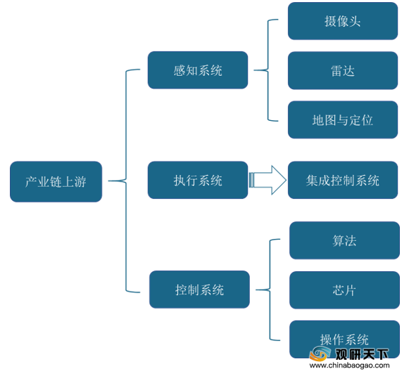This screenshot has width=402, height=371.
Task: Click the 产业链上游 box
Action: tap(56, 181)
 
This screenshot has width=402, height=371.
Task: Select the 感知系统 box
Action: tap(198, 70)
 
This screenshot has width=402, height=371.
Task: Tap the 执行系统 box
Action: tap(198, 180)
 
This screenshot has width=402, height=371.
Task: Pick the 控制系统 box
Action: tap(199, 289)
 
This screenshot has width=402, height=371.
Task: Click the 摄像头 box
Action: tap(343, 21)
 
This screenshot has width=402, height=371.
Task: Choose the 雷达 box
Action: tap(343, 70)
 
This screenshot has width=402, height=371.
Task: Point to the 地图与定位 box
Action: tap(343, 119)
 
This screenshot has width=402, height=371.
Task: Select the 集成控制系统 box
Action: tap(343, 180)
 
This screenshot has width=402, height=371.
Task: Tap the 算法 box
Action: tap(344, 240)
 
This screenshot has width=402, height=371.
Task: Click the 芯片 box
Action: tap(344, 290)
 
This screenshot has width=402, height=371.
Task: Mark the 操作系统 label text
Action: tap(344, 339)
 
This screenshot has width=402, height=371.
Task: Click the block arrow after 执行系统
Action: tap(268, 180)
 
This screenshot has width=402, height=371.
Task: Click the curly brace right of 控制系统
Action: tap(270, 289)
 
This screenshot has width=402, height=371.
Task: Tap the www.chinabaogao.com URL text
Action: tap(350, 365)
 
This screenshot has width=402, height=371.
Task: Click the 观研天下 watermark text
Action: tap(362, 354)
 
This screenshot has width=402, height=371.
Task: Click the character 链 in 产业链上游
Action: tap(56, 182)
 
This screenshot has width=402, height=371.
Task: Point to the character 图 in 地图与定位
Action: tap(330, 120)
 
